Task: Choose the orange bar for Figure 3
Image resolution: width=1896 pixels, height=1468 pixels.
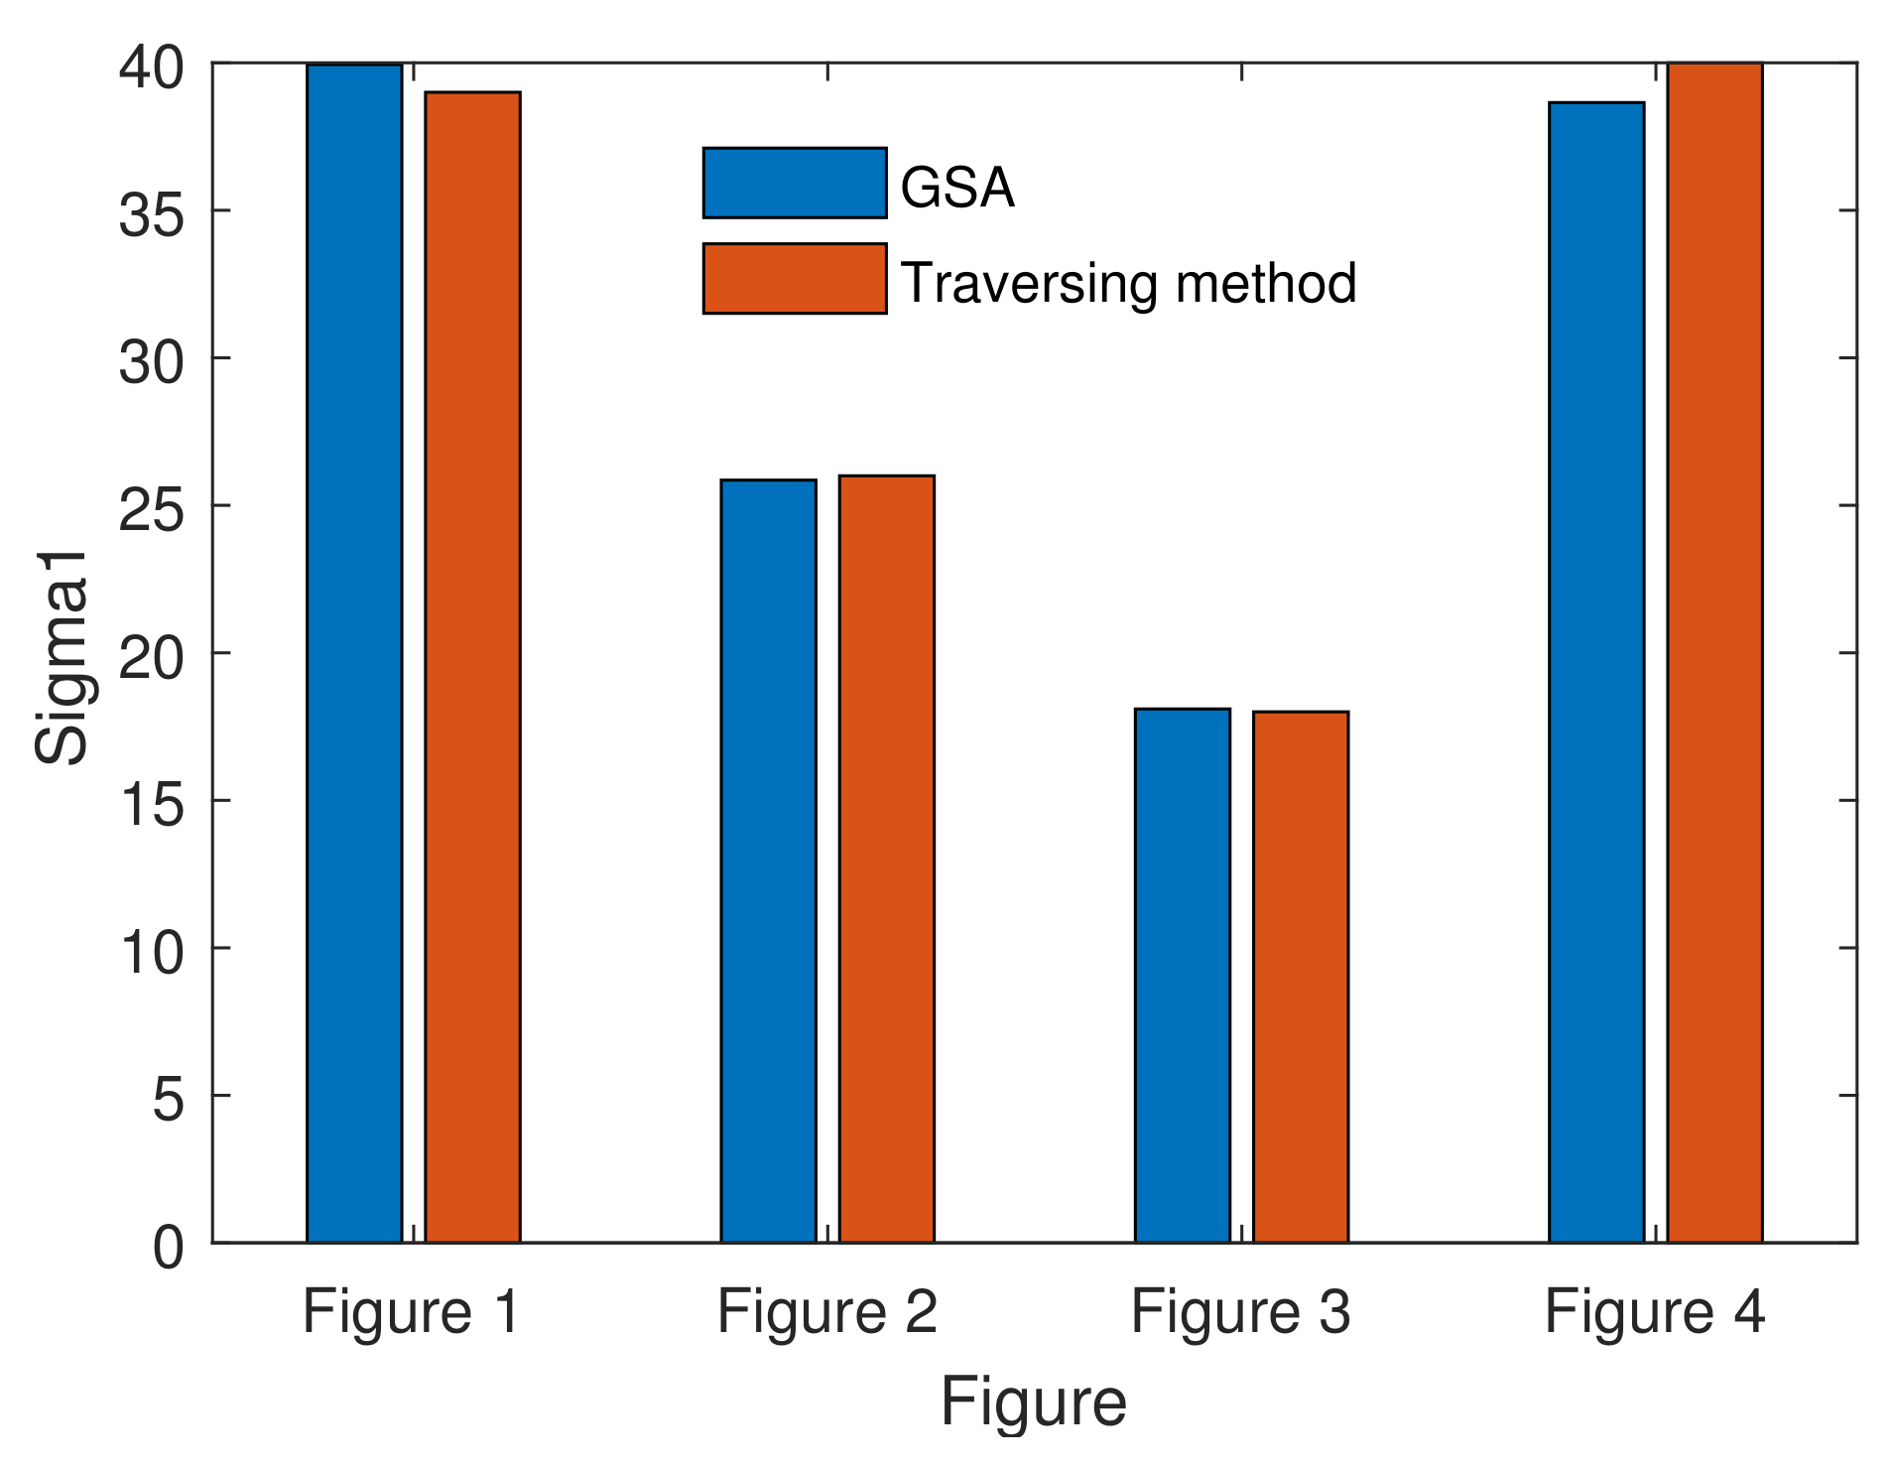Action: tap(1300, 977)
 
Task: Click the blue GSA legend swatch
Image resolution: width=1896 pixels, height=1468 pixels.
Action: tap(794, 183)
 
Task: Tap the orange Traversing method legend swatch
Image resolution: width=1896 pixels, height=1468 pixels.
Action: tap(794, 279)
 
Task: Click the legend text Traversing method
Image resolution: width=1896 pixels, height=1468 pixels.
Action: tap(1128, 283)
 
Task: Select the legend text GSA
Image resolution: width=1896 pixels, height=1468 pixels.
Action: tap(956, 187)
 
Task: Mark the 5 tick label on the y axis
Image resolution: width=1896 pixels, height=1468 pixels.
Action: tap(168, 1100)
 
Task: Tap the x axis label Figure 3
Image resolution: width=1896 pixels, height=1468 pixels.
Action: tap(1240, 1311)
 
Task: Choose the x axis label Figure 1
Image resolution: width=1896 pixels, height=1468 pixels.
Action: tap(412, 1311)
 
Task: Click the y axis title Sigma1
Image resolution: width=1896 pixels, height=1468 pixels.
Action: tap(62, 657)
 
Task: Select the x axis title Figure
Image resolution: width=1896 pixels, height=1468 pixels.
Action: tap(1033, 1402)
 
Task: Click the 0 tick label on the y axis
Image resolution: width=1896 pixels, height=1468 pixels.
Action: tap(168, 1247)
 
